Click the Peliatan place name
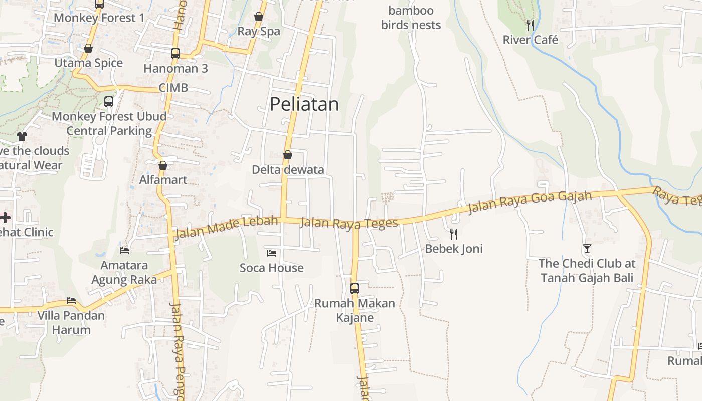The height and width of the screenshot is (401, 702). [x=304, y=104]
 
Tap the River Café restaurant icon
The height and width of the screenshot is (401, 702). [x=530, y=24]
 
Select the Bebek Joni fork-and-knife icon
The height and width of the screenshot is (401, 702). [x=454, y=234]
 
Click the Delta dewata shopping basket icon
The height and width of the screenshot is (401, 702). [x=288, y=155]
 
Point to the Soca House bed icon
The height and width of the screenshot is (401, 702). [x=272, y=253]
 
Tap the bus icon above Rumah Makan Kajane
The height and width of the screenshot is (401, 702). [x=355, y=288]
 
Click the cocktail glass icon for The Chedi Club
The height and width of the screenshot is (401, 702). [x=587, y=248]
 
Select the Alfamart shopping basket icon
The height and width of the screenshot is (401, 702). [x=162, y=165]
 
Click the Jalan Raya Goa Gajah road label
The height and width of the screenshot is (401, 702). [x=530, y=203]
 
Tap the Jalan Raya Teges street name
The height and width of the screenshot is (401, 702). [x=348, y=223]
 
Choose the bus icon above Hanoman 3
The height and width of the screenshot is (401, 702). [x=175, y=53]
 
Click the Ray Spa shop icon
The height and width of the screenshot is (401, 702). [x=259, y=17]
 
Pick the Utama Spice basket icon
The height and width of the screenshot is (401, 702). [x=88, y=48]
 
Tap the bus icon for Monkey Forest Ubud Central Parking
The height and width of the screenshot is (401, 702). [x=109, y=102]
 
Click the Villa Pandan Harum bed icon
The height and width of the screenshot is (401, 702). [x=71, y=301]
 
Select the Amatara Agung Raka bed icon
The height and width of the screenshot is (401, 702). [x=124, y=250]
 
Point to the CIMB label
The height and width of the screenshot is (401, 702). [x=173, y=88]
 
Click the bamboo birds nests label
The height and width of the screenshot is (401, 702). [x=411, y=18]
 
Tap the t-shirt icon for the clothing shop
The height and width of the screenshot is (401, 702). [x=22, y=136]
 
